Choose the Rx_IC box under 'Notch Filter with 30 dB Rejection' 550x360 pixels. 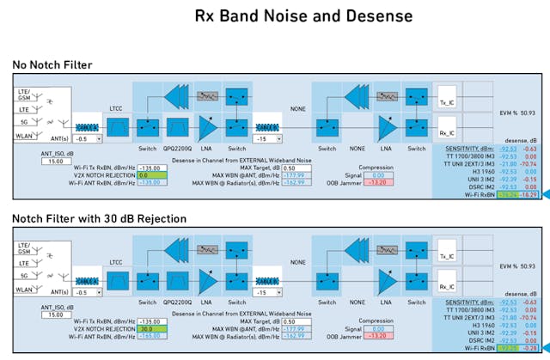[446, 285]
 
